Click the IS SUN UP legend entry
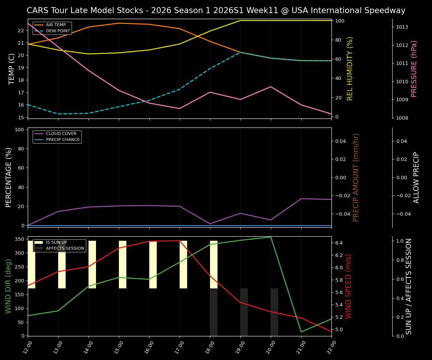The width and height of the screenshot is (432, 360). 56,243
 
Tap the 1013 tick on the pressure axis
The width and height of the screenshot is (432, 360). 402,27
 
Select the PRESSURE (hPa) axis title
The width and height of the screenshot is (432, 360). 414,69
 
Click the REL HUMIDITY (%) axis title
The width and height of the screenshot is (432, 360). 350,69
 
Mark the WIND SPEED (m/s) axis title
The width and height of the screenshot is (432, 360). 349,286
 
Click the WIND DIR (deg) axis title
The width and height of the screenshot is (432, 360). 8,286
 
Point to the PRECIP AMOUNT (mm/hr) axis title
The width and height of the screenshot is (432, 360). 356,177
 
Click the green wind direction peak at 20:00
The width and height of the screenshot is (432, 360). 271,237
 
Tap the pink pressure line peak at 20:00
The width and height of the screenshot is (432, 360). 271,87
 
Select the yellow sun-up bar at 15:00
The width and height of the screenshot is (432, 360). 123,264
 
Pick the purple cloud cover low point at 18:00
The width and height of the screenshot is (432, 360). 210,224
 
